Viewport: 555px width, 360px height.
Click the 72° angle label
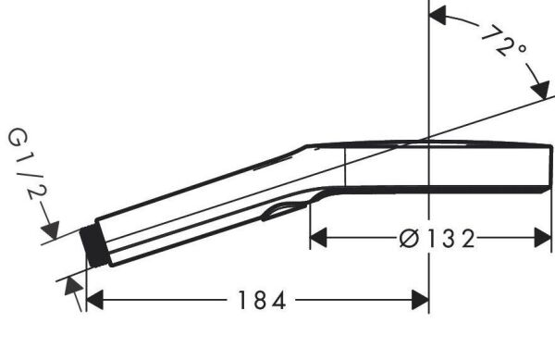click(x=504, y=42)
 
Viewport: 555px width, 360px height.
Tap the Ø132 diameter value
click(x=434, y=239)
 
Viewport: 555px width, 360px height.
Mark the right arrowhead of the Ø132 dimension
click(x=544, y=239)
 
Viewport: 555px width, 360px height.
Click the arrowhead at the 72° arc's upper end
click(x=438, y=14)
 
